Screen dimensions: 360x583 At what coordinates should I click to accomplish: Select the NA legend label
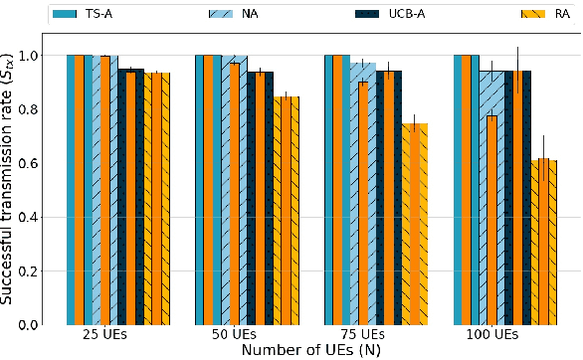252,15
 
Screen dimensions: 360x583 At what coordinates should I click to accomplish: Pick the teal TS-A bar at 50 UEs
202,189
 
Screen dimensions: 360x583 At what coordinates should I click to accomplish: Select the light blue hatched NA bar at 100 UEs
490,199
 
